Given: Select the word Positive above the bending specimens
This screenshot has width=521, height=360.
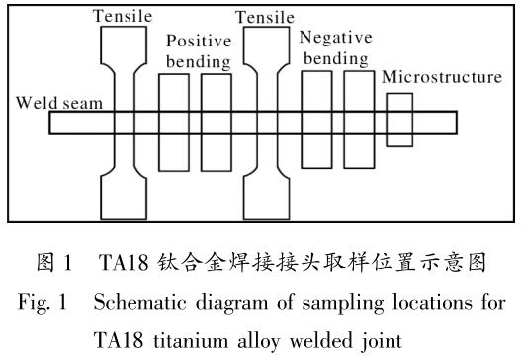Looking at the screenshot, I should point(197,43).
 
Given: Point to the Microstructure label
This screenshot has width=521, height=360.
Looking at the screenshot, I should point(442,77).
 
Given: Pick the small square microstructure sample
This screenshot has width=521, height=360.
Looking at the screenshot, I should point(398,119).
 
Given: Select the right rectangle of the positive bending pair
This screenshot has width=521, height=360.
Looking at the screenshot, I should point(215,119).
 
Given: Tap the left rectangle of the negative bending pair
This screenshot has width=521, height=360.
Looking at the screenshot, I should point(317,119).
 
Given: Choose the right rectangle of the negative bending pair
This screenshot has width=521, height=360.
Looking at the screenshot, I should point(359,119).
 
